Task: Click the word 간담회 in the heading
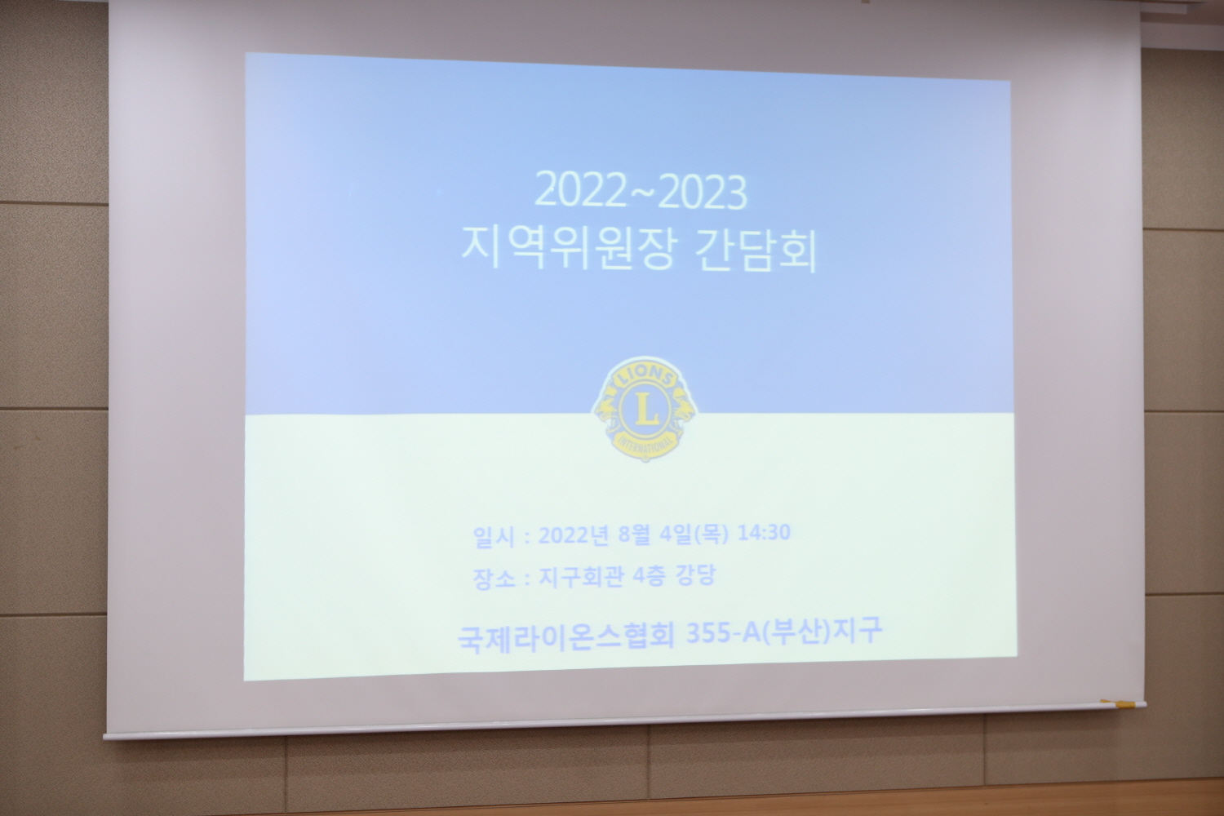click(756, 251)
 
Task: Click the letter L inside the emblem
click(646, 410)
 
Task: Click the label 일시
click(494, 537)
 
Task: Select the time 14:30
click(764, 532)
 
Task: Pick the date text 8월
click(634, 534)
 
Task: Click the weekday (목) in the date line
click(711, 534)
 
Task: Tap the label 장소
click(494, 579)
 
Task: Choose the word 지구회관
click(581, 577)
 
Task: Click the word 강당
click(695, 575)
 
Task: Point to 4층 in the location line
click(649, 576)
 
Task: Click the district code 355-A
click(723, 633)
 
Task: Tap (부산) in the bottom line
click(796, 632)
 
